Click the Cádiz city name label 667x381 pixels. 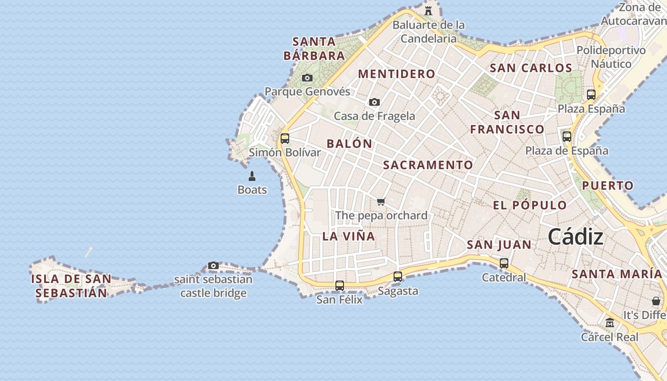coord(576,237)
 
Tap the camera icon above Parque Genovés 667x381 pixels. coord(307,78)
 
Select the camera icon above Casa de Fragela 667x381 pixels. coord(374,102)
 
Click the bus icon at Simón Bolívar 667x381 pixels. coord(285,139)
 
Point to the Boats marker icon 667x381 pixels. coord(252,176)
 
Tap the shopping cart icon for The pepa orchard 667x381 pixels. coord(381,202)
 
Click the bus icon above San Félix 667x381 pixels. coord(340,286)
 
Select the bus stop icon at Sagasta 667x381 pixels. coord(398,276)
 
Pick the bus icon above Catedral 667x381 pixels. coord(504,263)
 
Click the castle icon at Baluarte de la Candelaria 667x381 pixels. coord(428,10)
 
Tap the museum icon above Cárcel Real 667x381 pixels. coord(609,323)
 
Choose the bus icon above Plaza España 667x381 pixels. coord(591,94)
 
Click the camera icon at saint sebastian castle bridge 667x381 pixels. coord(213,266)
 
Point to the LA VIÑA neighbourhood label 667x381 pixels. coord(349,236)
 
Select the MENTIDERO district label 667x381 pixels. coord(396,74)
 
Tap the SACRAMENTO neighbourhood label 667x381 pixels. coord(428,165)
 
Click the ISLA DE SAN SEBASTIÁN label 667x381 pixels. coord(71,286)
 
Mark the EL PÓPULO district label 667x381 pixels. coord(530,205)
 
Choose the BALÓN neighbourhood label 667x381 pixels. coord(349,143)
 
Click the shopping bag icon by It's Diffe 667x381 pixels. coord(656,301)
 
